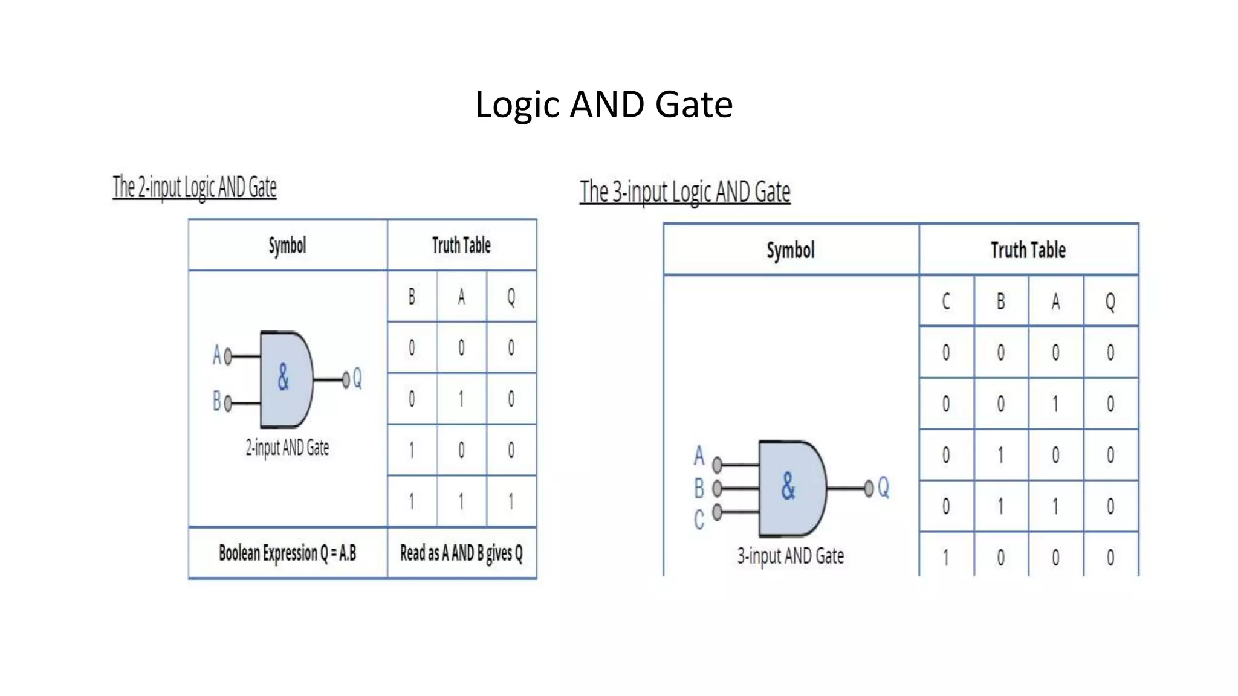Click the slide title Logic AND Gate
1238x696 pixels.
604,104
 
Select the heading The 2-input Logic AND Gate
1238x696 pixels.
195,187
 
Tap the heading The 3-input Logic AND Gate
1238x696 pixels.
685,192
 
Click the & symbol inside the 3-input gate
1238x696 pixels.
788,486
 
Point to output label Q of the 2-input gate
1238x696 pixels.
357,378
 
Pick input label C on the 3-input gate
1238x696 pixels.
699,520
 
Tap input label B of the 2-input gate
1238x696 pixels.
216,401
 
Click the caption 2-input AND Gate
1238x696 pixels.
287,448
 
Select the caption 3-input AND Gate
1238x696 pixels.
790,556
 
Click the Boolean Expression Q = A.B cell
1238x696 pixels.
287,553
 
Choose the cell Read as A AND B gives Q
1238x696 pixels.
461,553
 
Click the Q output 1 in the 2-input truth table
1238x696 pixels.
511,501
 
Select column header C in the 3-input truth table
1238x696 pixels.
946,301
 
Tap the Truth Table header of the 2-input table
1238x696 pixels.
461,245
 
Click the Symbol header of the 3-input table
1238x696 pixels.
791,250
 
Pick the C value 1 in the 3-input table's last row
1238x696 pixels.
946,557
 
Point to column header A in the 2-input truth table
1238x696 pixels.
461,297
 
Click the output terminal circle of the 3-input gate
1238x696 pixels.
869,488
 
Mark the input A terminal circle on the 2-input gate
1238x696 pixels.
228,356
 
